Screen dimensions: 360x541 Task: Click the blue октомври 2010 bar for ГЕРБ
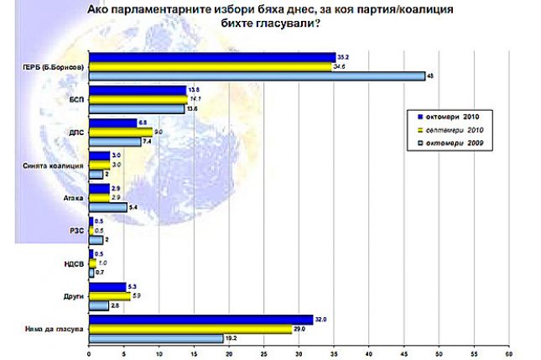point(210,56)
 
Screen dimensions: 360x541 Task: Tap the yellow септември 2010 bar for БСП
point(138,99)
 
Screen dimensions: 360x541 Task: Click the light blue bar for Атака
point(107,206)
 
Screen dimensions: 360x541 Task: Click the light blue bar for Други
point(98,305)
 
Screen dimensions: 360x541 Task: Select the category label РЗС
point(75,230)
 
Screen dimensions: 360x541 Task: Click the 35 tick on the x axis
point(334,352)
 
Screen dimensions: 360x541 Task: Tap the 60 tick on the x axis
point(508,352)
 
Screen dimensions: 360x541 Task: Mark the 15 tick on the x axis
point(194,352)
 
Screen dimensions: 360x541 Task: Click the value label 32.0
point(320,318)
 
